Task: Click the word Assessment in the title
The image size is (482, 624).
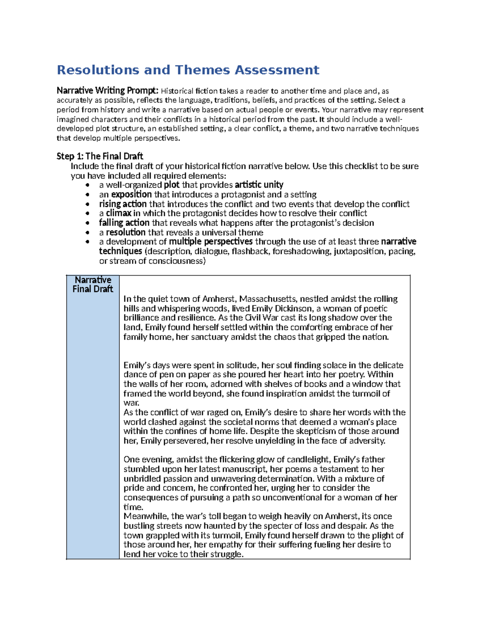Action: pos(277,70)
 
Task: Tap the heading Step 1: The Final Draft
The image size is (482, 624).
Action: pos(100,156)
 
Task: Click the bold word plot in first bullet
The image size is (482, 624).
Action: pos(172,185)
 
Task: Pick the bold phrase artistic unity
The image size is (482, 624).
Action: pos(259,185)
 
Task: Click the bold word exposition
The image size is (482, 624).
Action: pos(131,194)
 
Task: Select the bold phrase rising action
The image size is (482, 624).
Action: pos(123,204)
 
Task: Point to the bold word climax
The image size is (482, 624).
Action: pos(118,213)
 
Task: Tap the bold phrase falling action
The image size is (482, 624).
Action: pos(124,223)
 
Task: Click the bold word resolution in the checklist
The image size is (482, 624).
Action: pos(125,233)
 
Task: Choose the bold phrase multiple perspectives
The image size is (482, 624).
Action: pos(210,242)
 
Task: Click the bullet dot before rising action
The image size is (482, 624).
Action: pos(87,205)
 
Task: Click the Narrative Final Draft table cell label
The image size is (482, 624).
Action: pos(93,284)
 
